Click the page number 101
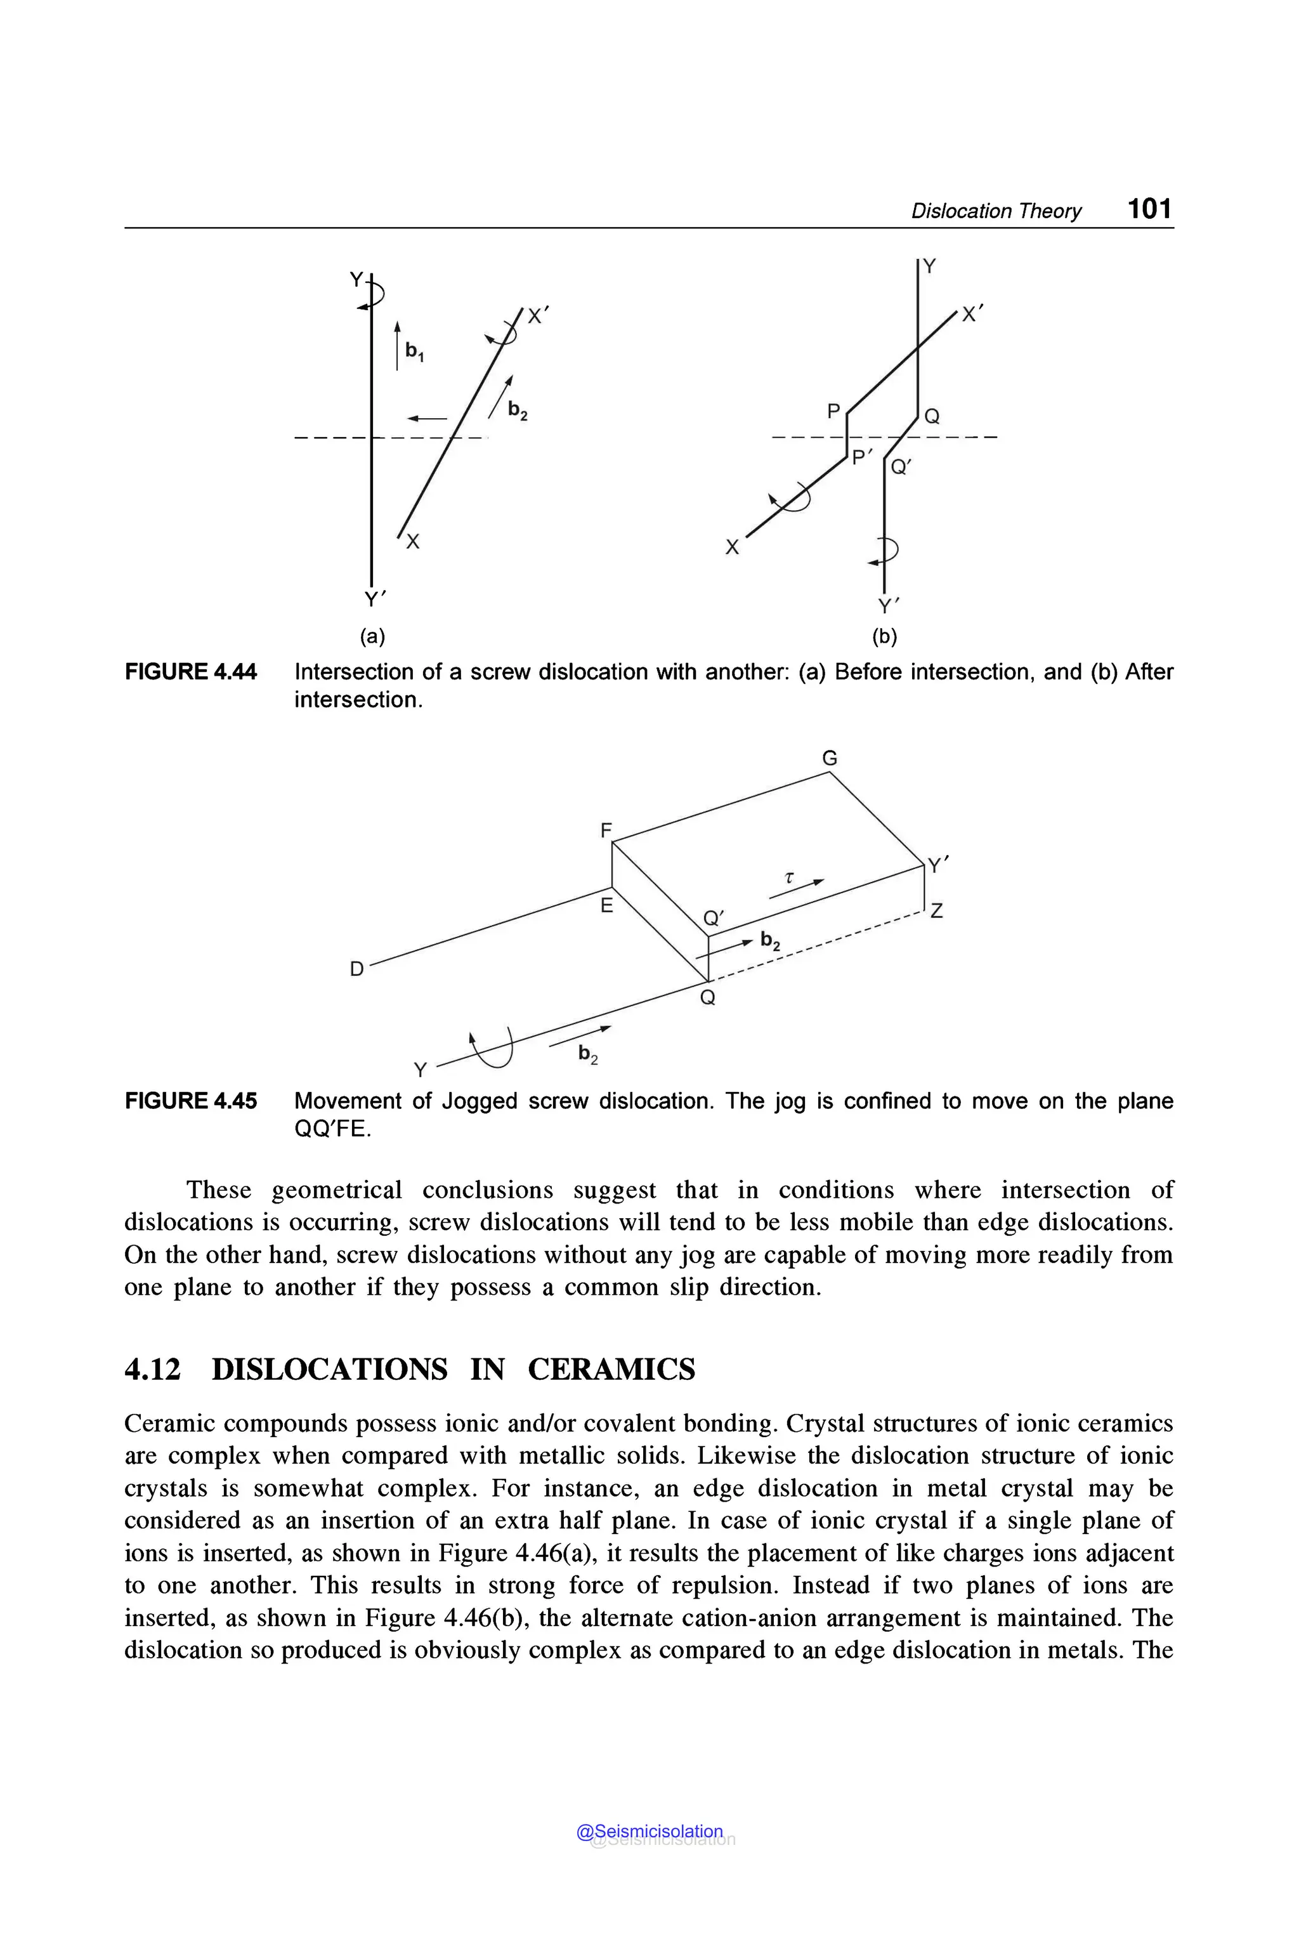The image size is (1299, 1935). click(1149, 208)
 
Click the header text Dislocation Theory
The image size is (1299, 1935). click(996, 211)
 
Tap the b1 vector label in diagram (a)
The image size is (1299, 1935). click(414, 351)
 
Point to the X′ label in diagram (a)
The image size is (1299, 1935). click(539, 316)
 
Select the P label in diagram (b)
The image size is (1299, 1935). click(833, 410)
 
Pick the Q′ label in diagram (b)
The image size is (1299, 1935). click(901, 468)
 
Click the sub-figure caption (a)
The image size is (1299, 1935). click(372, 636)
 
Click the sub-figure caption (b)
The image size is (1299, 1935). click(885, 636)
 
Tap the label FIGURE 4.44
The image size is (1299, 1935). click(190, 671)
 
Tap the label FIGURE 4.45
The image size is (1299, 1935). click(190, 1101)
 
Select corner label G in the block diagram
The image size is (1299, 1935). click(829, 758)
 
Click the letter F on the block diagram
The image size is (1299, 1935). click(606, 830)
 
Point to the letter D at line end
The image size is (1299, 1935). click(356, 969)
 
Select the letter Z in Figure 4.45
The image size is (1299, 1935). click(936, 912)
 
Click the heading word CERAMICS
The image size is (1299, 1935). click(611, 1369)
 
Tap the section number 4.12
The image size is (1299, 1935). click(152, 1369)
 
